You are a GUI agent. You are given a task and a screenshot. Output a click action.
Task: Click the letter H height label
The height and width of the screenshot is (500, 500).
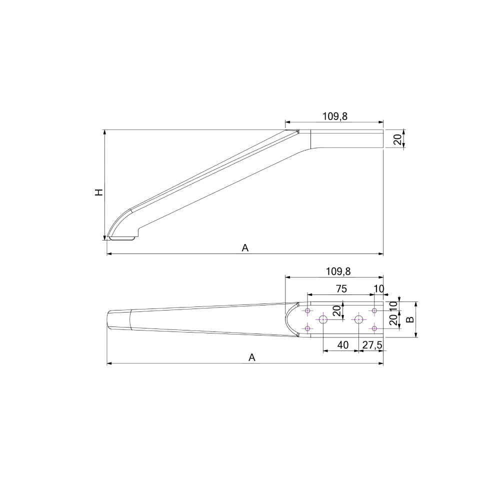[99, 192]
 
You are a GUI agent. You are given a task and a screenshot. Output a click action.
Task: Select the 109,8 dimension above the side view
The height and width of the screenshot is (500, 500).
[334, 116]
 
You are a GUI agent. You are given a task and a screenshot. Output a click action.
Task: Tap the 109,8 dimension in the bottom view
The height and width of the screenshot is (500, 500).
[338, 271]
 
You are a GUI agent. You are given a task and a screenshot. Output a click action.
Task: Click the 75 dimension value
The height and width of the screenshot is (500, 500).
[341, 289]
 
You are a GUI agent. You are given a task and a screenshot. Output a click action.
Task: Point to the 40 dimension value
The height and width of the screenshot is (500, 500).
[343, 345]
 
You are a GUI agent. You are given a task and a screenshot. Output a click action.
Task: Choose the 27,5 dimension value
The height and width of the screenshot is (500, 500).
[372, 345]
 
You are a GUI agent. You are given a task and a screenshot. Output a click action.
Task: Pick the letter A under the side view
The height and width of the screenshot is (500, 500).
[245, 248]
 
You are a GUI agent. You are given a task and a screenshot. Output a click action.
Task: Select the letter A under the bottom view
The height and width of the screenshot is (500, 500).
[252, 358]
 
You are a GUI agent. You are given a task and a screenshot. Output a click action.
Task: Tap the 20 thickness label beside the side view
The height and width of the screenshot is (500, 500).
[397, 139]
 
